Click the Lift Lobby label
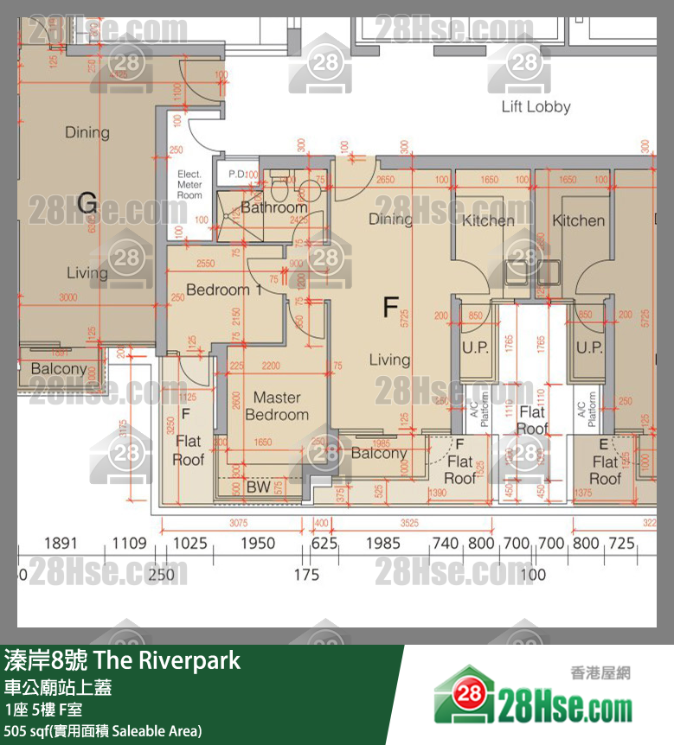click(536, 107)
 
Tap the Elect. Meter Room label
click(189, 185)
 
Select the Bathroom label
click(273, 207)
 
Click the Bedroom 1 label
click(224, 290)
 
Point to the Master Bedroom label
click(277, 406)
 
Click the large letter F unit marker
click(391, 307)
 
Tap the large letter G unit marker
click(87, 203)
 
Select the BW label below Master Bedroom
click(258, 487)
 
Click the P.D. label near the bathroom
click(236, 175)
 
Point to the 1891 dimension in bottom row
click(61, 544)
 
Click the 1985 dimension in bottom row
click(383, 544)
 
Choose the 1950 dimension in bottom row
click(257, 544)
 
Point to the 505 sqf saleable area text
click(103, 731)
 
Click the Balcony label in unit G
click(59, 369)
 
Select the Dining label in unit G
click(87, 132)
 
